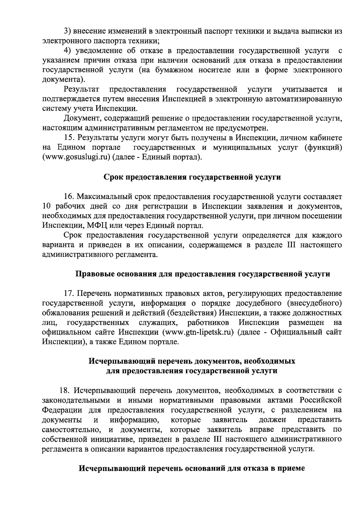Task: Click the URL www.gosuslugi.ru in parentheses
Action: click(x=76, y=157)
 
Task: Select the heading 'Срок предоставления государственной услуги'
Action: click(x=192, y=177)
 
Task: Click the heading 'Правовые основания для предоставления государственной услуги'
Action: click(x=202, y=274)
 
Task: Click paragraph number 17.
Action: click(x=69, y=293)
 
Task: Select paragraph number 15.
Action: click(x=69, y=138)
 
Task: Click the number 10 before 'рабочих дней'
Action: click(x=47, y=206)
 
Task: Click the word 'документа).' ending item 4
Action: click(x=63, y=80)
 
